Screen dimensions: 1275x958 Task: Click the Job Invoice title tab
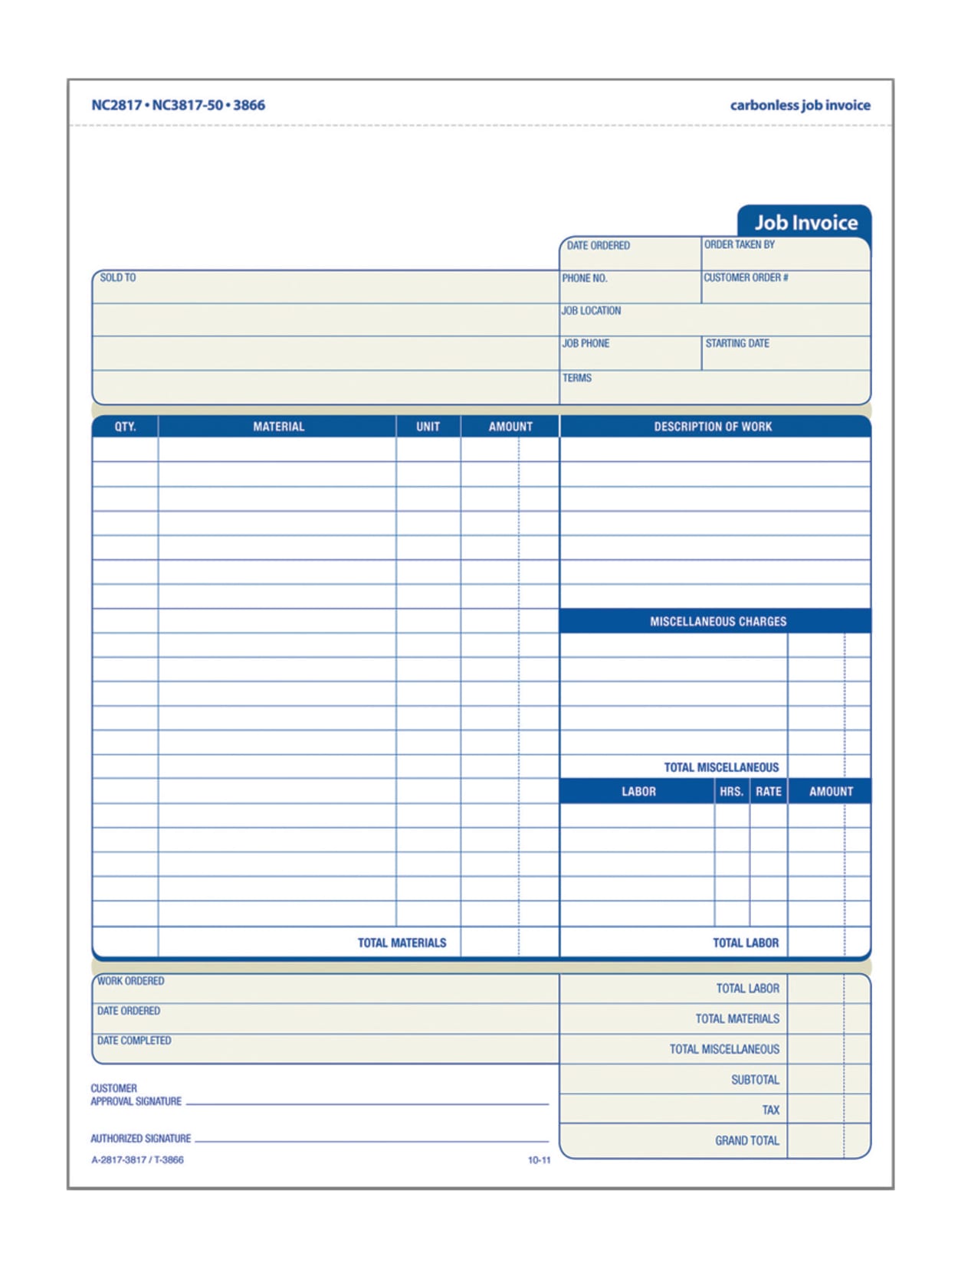tap(805, 222)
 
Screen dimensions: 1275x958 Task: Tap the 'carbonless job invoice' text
tap(799, 106)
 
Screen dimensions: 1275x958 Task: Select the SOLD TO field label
tap(117, 278)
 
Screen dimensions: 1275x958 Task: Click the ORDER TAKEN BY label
tap(739, 245)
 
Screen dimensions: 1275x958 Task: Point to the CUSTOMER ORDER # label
tap(745, 278)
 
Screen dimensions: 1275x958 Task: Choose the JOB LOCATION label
tap(591, 311)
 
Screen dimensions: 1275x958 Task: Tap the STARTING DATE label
tap(737, 344)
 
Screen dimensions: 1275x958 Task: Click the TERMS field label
tap(576, 378)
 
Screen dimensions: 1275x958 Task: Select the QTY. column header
tap(125, 427)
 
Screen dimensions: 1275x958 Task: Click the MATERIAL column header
tap(278, 427)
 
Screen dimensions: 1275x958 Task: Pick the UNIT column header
tap(428, 427)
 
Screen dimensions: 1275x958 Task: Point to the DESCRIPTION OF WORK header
tap(713, 427)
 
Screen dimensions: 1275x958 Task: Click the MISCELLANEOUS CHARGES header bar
tap(717, 621)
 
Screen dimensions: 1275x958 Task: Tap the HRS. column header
tap(731, 791)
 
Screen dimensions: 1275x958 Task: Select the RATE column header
tap(768, 791)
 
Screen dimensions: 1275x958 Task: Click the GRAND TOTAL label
tap(746, 1140)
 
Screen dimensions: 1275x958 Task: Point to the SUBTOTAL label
tap(754, 1080)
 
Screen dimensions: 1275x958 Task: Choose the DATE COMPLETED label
tap(134, 1041)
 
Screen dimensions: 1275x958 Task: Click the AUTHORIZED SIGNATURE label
tap(140, 1139)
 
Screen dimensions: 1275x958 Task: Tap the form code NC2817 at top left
tap(116, 106)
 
